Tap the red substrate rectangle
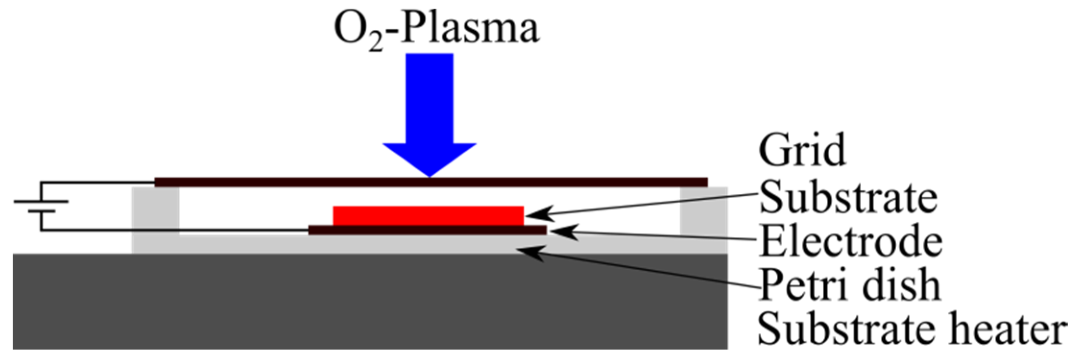(x=428, y=216)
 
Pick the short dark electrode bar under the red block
(x=427, y=230)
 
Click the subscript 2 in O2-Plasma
(x=377, y=44)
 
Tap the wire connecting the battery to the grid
(x=96, y=182)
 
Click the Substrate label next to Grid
(x=848, y=197)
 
